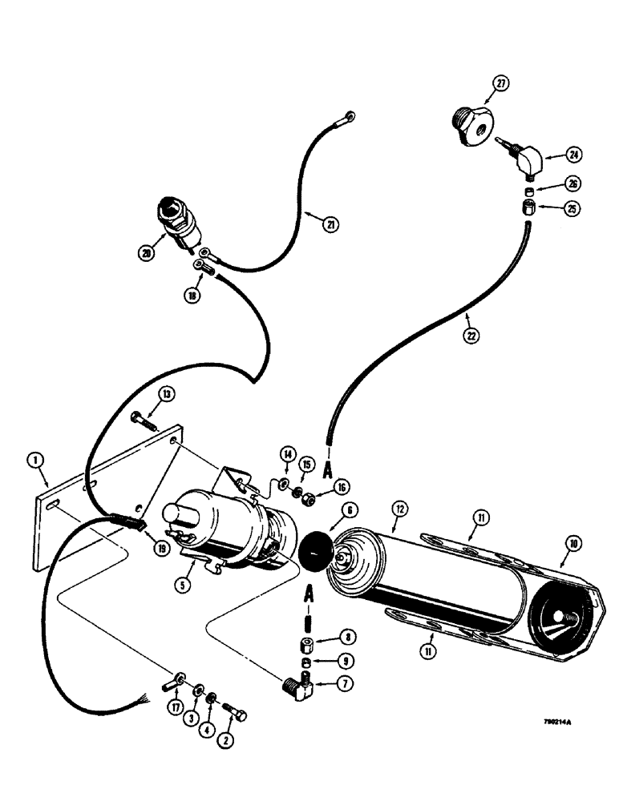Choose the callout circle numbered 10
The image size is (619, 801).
(x=574, y=543)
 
